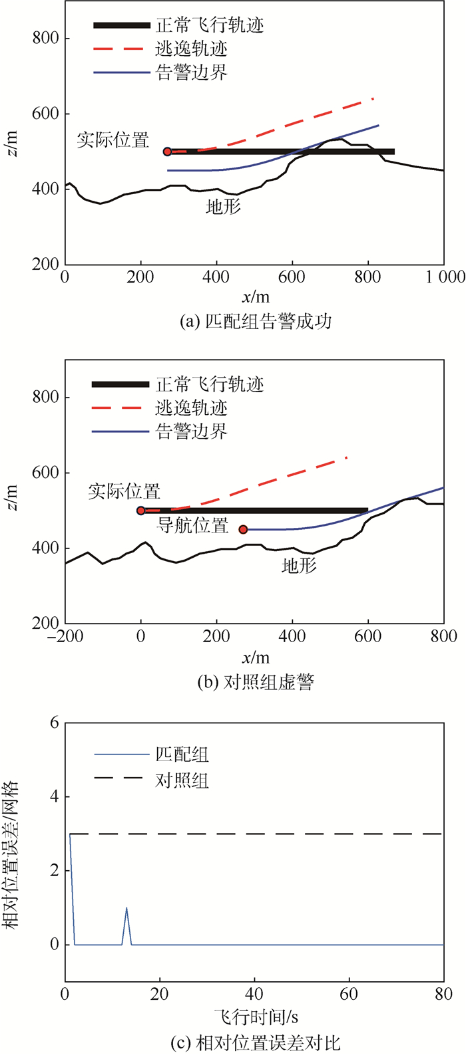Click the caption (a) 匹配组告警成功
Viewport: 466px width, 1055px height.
point(256,322)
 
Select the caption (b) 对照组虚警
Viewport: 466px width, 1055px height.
point(256,682)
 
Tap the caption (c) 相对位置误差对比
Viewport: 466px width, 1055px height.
point(256,1042)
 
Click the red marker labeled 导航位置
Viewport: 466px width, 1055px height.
point(243,529)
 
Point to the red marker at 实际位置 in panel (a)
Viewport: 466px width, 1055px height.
point(167,152)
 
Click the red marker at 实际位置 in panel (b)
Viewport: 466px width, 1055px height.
point(141,511)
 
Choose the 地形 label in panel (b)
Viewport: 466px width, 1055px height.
point(300,566)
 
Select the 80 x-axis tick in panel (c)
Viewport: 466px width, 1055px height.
point(443,995)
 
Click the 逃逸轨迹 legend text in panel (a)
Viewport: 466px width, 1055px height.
point(191,49)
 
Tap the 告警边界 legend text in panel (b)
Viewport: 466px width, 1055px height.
point(191,431)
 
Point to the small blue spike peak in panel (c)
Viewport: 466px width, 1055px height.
point(126,907)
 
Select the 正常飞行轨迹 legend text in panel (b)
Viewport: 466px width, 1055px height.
point(210,384)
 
